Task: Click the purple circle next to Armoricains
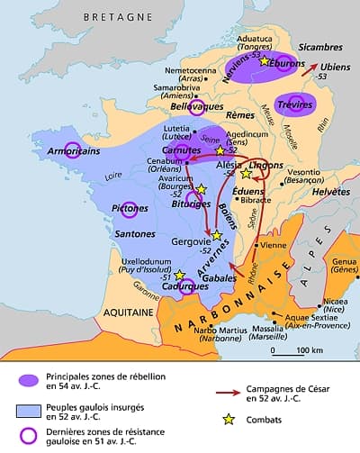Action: point(72,150)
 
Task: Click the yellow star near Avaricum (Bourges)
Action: point(202,189)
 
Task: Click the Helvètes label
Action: point(328,192)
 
